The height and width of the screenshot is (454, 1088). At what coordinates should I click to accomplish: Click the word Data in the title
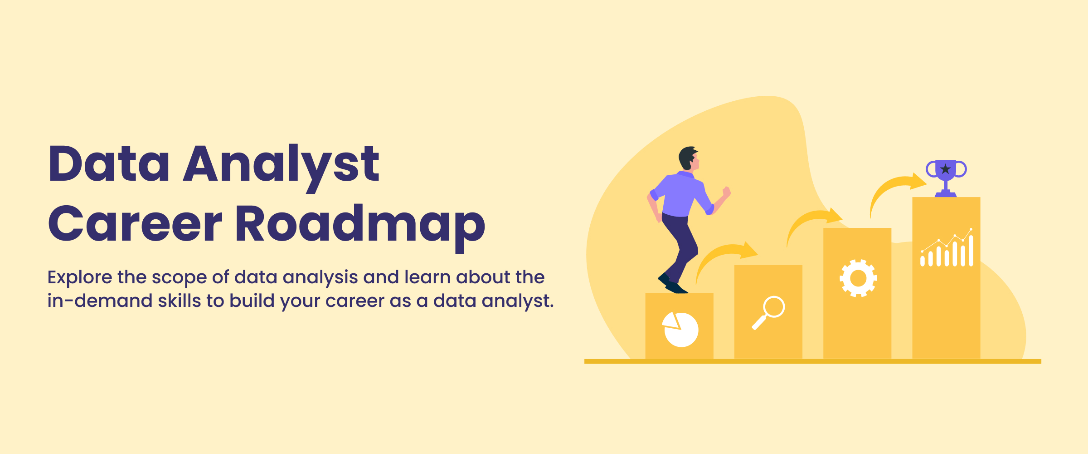[x=109, y=163]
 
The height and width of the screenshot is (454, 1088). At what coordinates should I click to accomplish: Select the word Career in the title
[x=135, y=223]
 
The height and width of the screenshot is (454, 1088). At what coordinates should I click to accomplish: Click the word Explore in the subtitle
[x=80, y=278]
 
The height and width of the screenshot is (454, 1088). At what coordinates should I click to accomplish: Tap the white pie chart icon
[x=680, y=330]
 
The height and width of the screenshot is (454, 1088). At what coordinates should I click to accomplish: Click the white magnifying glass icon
[x=768, y=313]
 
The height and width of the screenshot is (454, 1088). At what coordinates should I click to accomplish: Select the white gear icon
[x=858, y=278]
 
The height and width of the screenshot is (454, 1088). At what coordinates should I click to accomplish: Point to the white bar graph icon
[x=947, y=248]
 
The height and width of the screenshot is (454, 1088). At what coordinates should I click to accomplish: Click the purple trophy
[x=946, y=178]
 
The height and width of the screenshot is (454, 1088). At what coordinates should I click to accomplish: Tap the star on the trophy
[x=945, y=169]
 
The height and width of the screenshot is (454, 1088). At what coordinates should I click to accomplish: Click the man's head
[x=689, y=158]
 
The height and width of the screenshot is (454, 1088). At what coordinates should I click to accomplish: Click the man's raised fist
[x=727, y=192]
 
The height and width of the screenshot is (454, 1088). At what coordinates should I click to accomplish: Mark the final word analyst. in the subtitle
[x=518, y=301]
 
